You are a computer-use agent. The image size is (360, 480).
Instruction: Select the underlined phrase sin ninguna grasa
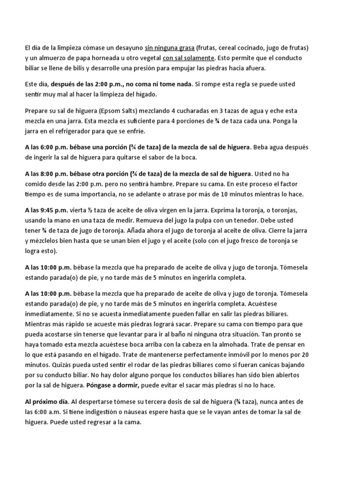pos(169,48)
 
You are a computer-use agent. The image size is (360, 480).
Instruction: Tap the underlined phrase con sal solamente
pos(188,58)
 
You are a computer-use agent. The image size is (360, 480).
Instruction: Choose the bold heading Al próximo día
pos(46,401)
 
